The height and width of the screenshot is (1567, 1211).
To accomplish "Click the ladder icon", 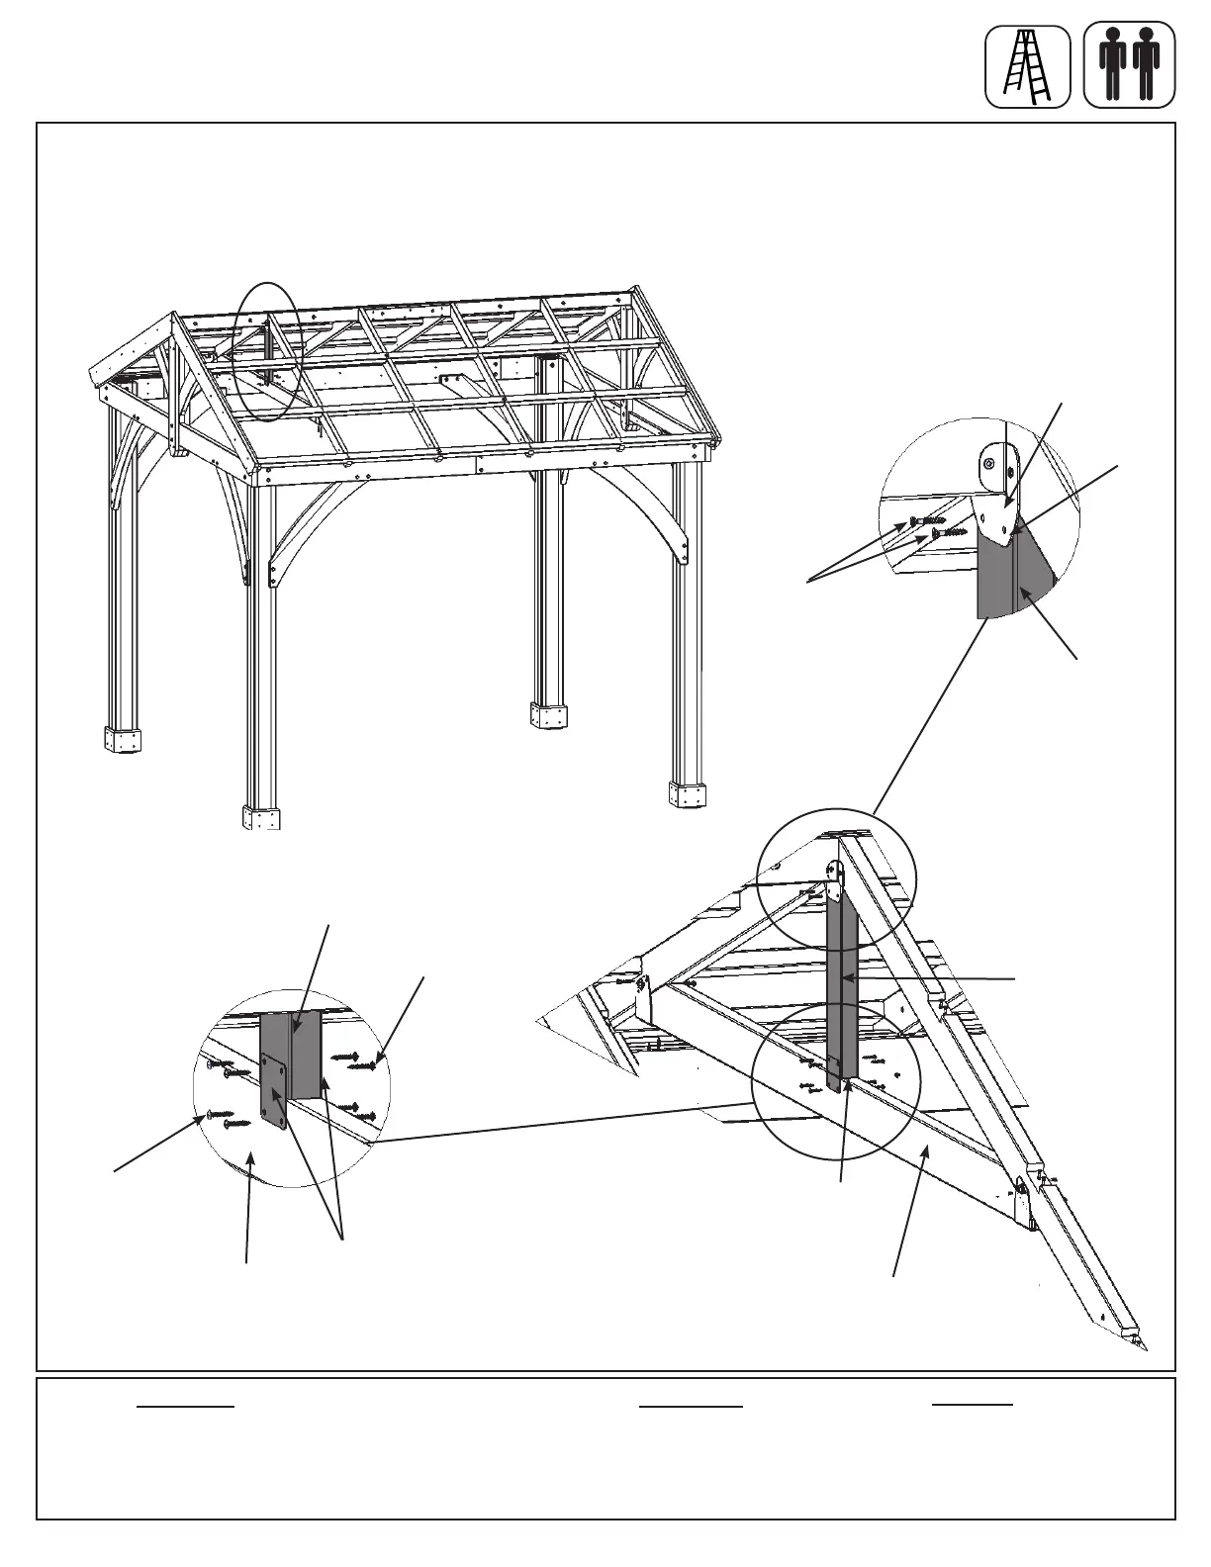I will [1027, 66].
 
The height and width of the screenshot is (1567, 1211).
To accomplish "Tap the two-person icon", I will [1129, 66].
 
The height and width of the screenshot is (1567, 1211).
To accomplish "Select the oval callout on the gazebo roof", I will [266, 351].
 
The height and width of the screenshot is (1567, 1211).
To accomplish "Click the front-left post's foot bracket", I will [261, 817].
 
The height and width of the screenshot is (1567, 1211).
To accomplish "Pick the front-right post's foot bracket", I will [688, 794].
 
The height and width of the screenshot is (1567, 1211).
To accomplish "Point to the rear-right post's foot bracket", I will [549, 715].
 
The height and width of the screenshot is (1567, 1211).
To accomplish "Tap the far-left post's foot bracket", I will [123, 739].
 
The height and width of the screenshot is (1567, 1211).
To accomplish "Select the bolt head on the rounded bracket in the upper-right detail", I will [988, 464].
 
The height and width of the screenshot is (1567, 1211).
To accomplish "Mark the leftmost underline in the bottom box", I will [186, 1405].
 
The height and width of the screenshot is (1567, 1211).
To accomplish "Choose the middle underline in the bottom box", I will [691, 1405].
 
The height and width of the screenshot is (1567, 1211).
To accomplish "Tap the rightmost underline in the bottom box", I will [972, 1404].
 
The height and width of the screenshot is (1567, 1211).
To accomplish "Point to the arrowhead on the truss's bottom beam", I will [925, 1149].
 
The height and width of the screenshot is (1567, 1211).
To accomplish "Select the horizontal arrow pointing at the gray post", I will [930, 978].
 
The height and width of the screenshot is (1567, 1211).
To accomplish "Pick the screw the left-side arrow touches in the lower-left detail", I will [222, 1115].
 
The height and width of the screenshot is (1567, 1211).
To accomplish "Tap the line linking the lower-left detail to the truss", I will [564, 1122].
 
